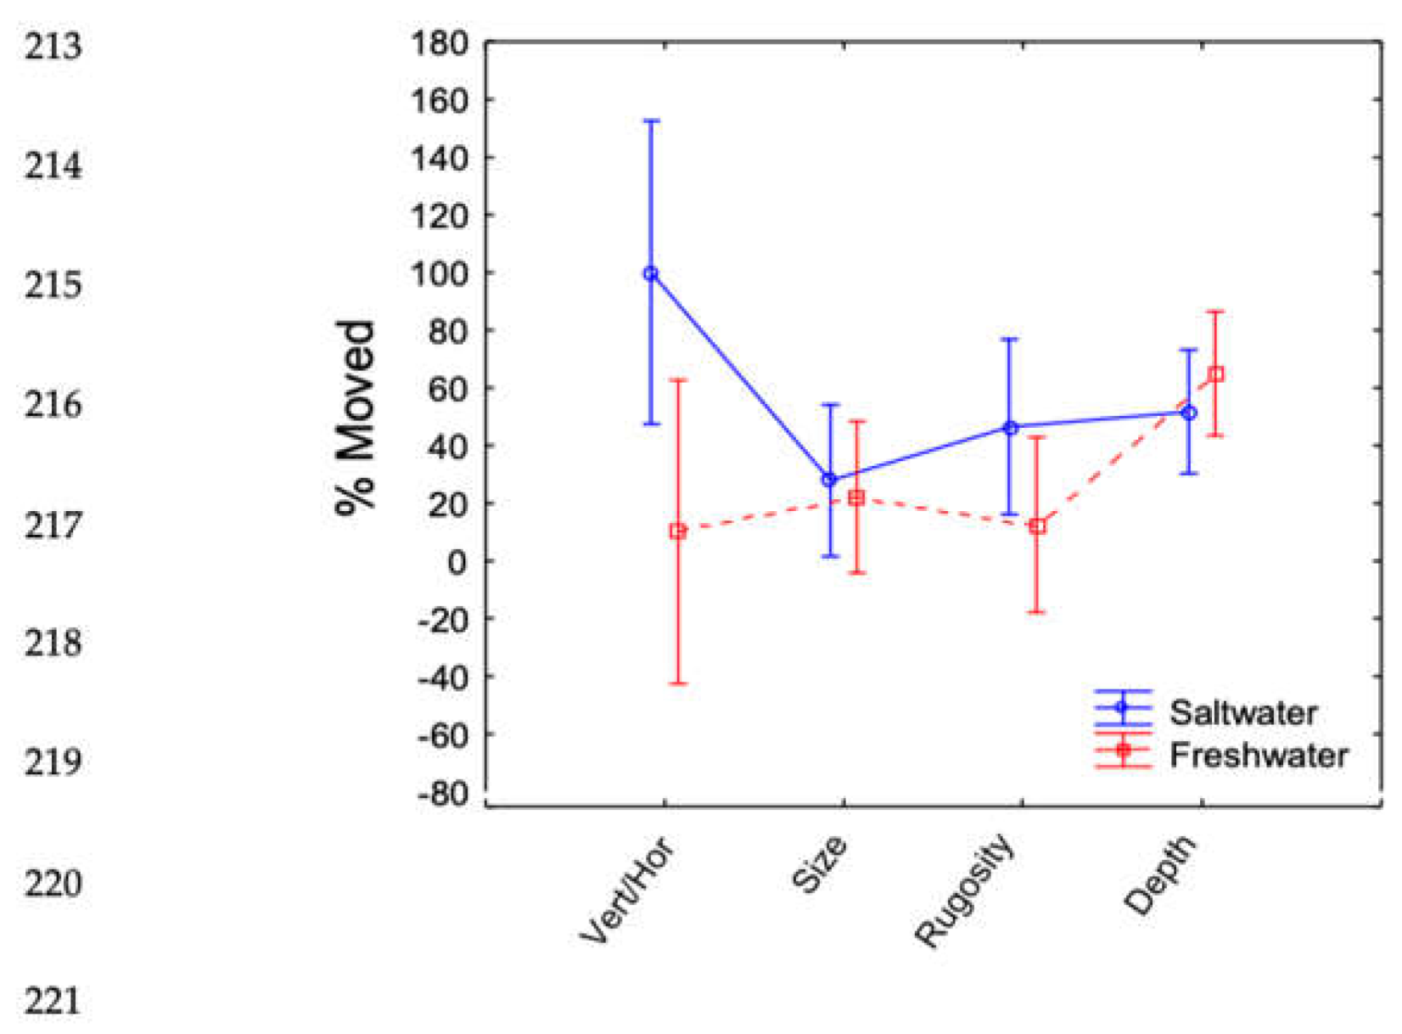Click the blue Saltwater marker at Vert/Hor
coord(651,273)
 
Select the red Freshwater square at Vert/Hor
coord(677,531)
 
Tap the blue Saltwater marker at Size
coord(830,480)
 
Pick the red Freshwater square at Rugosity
coord(1037,526)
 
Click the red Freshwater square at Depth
coord(1215,374)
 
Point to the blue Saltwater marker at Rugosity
coord(1010,428)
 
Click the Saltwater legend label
coord(1242,712)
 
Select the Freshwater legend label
coord(1259,755)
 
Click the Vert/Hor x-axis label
coord(628,891)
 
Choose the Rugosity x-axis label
coord(965,891)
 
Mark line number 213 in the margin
coord(53,46)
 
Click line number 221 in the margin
coord(53,1002)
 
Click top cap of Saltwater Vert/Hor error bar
coord(651,121)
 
